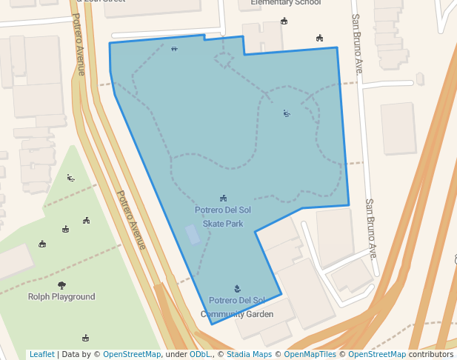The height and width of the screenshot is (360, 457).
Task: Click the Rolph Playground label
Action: coord(61,297)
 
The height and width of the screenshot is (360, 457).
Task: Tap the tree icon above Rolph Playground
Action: coord(61,285)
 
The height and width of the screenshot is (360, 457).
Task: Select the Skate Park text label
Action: coord(223,224)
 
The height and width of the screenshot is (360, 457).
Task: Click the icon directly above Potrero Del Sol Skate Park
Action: coord(223,199)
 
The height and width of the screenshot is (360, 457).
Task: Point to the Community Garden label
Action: coord(237,314)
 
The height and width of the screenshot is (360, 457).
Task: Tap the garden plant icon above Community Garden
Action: coord(237,289)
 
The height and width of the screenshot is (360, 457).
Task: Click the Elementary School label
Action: coord(286,3)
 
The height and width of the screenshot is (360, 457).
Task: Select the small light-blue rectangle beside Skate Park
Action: coord(193,235)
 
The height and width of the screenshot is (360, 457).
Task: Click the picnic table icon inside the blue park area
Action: coord(174,49)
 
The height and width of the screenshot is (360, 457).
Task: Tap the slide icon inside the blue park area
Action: coord(287,113)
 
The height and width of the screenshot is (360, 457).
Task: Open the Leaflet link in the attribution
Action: coord(41,355)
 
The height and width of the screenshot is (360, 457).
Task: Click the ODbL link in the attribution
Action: coord(200,355)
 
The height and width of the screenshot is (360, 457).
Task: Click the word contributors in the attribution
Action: coord(431,355)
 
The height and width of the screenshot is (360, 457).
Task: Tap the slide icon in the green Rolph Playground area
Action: coord(70,178)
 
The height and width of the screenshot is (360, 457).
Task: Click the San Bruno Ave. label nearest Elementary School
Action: coord(357,44)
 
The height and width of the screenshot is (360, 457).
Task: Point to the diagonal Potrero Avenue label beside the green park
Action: coord(130,220)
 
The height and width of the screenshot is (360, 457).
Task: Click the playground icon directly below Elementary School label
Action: coord(284,21)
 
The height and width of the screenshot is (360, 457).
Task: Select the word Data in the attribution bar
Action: coord(71,355)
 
